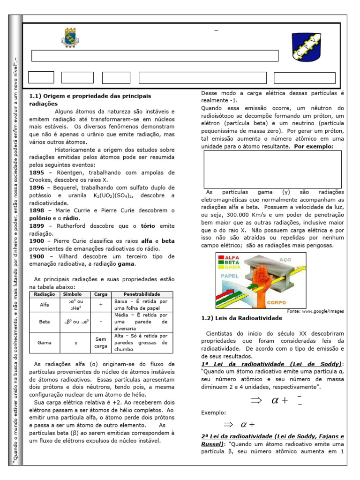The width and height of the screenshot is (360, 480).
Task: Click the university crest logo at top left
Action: pyautogui.click(x=70, y=37)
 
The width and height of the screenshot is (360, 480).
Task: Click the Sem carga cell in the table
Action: pyautogui.click(x=101, y=342)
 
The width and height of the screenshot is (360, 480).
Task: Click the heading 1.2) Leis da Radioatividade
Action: pyautogui.click(x=241, y=318)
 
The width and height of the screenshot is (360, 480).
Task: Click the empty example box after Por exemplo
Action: pyautogui.click(x=272, y=169)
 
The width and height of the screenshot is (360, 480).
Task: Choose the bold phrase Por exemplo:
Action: pyautogui.click(x=314, y=146)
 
